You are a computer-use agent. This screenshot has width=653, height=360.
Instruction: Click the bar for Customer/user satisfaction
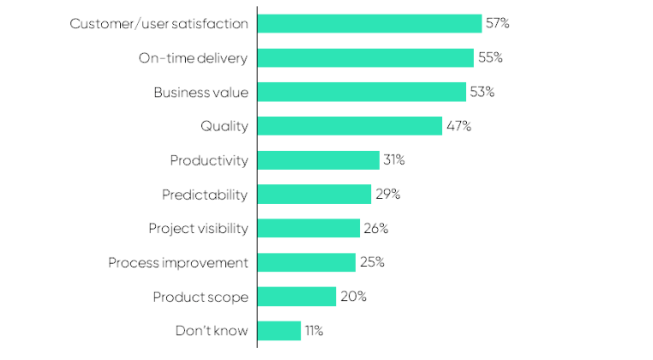click(369, 24)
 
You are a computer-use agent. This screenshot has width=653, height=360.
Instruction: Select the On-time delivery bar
click(365, 58)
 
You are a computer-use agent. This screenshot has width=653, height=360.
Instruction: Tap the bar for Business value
click(362, 92)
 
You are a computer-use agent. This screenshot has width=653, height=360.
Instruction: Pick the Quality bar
click(350, 126)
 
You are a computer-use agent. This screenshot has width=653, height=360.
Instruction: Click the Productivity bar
click(318, 160)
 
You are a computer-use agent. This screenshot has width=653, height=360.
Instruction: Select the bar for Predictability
click(314, 195)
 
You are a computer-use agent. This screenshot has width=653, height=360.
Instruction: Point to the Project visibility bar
click(309, 228)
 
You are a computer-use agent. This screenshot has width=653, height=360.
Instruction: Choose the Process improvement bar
click(306, 262)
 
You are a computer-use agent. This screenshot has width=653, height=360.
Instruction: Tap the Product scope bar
click(297, 297)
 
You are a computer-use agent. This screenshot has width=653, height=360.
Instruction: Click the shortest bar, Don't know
click(279, 331)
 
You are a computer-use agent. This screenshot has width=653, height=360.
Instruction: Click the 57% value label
click(498, 24)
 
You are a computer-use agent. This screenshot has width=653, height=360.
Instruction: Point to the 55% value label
click(490, 58)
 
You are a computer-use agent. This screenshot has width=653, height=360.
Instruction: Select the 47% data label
click(458, 126)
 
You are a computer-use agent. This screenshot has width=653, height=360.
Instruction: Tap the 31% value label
click(394, 160)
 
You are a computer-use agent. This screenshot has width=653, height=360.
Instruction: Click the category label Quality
click(224, 126)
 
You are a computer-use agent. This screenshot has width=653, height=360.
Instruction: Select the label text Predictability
click(205, 195)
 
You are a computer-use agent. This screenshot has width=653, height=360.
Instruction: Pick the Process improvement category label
click(178, 262)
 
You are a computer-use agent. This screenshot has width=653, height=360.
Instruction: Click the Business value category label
click(201, 92)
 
